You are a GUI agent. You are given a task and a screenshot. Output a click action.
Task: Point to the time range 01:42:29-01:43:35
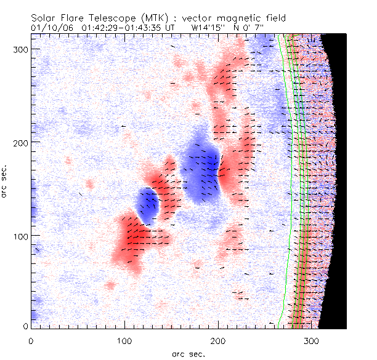point(126,28)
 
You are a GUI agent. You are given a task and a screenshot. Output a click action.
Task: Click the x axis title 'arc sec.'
point(187,353)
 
